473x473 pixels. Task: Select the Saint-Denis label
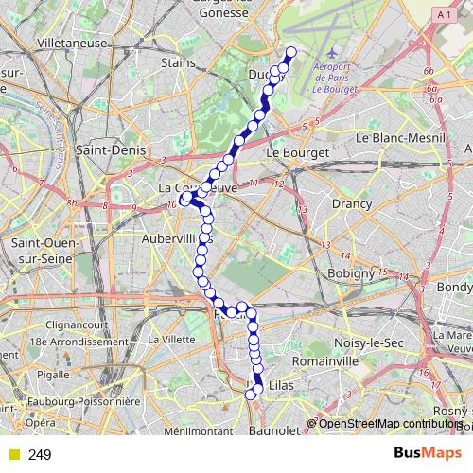coord(109,149)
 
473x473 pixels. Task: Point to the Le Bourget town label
coord(297,151)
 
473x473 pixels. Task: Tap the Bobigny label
coord(351,273)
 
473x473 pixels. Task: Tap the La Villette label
coord(171,339)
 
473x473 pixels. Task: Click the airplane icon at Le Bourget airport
coord(330,54)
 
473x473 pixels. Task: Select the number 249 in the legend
coord(41,455)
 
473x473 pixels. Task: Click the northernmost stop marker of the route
coord(290,52)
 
